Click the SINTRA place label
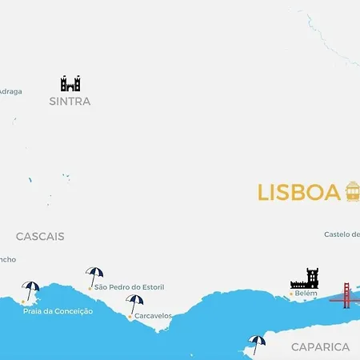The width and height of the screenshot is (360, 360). pos(70,102)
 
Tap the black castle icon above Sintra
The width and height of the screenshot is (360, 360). pos(70,83)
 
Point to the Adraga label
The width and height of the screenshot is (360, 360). pos(10,91)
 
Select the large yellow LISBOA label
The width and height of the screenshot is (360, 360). pos(299,193)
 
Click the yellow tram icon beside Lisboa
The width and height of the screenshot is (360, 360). pos(353,191)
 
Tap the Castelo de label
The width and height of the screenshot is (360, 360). pos(342,234)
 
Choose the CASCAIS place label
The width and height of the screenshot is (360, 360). pos(40,237)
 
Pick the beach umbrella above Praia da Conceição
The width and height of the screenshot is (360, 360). pos(31,290)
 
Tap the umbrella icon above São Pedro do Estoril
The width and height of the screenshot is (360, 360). pos(94,274)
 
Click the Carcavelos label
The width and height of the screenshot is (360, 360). pos(153,316)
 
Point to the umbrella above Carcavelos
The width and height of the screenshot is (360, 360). pos(134,302)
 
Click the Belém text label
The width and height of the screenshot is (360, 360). pos(306,294)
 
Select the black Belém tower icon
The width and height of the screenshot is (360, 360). pos(304,278)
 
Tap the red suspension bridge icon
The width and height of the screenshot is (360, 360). pos(345,295)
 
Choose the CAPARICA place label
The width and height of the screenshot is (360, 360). pos(320,347)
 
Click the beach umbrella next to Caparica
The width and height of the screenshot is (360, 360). pos(257,342)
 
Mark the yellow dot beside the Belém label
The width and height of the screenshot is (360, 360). pos(290,294)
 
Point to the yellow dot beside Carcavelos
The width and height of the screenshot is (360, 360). pos(130,316)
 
